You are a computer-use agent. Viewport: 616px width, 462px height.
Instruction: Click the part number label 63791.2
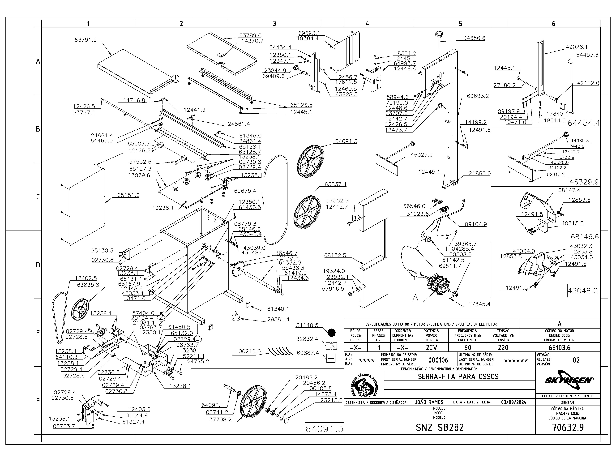pos(86,40)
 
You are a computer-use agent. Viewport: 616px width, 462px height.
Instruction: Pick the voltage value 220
pos(503,348)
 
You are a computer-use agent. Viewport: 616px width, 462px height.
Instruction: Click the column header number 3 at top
pos(274,24)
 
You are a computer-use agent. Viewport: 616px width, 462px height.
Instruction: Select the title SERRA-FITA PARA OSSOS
pos(458,376)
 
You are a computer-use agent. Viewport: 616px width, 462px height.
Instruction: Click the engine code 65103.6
pos(560,348)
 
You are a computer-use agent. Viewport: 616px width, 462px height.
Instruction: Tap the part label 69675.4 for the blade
pos(245,191)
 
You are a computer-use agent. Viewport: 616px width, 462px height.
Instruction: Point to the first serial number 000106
pos(438,360)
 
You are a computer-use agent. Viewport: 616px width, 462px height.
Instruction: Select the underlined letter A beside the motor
pos(415,298)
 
